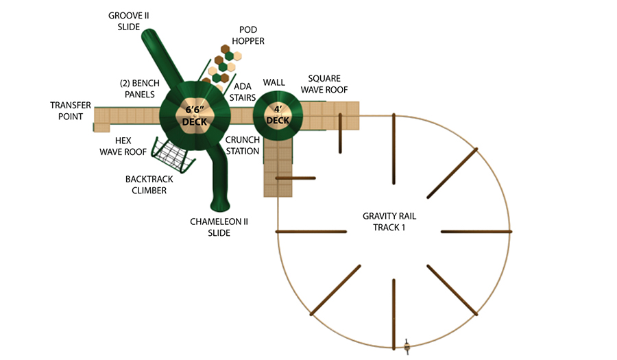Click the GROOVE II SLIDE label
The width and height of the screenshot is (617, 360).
coord(129,21)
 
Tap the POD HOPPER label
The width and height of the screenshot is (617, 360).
coord(248,36)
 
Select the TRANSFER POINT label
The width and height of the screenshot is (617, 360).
coord(71,111)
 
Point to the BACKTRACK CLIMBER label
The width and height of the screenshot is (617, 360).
coord(149,185)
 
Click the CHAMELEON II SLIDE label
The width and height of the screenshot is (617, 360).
coord(219,228)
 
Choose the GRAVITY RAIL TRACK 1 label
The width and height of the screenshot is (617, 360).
coord(389,222)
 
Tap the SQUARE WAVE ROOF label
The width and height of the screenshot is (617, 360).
coord(324,84)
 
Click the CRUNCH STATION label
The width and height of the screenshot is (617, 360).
coord(243,145)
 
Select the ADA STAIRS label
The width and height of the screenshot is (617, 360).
coord(243,92)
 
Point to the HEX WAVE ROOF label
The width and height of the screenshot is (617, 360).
coord(123,146)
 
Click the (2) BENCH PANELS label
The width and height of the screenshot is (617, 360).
coord(140,89)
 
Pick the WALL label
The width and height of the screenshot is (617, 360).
coord(274,82)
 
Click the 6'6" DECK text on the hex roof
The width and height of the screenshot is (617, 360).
coord(195,116)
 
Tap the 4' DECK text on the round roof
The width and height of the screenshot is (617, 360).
coord(278,115)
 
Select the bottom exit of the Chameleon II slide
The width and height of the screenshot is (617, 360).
coord(220,204)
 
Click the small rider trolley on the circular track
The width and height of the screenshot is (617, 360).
coord(407,346)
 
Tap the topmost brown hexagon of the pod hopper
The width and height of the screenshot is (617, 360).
coord(225,49)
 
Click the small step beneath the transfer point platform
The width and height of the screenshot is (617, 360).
coord(101,128)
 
